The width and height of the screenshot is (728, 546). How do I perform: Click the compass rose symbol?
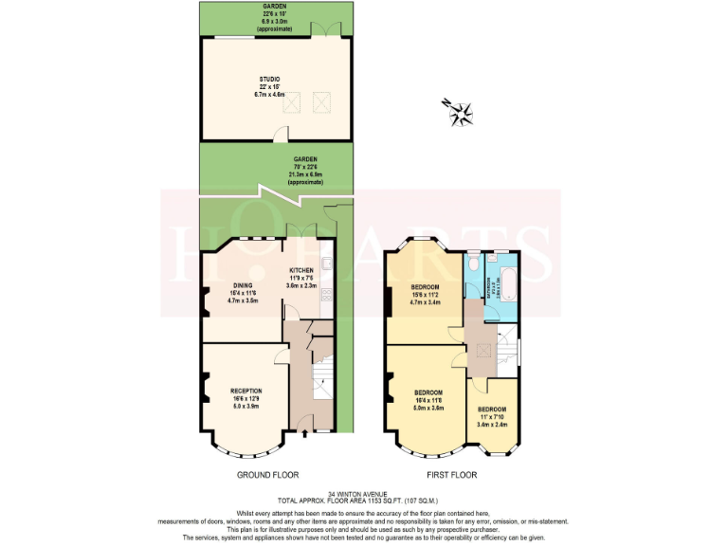(462, 112)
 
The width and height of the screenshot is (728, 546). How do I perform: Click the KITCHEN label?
(301, 270)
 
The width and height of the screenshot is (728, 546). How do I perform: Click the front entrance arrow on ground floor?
(302, 435)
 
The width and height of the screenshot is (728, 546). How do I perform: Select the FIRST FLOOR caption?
(448, 474)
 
